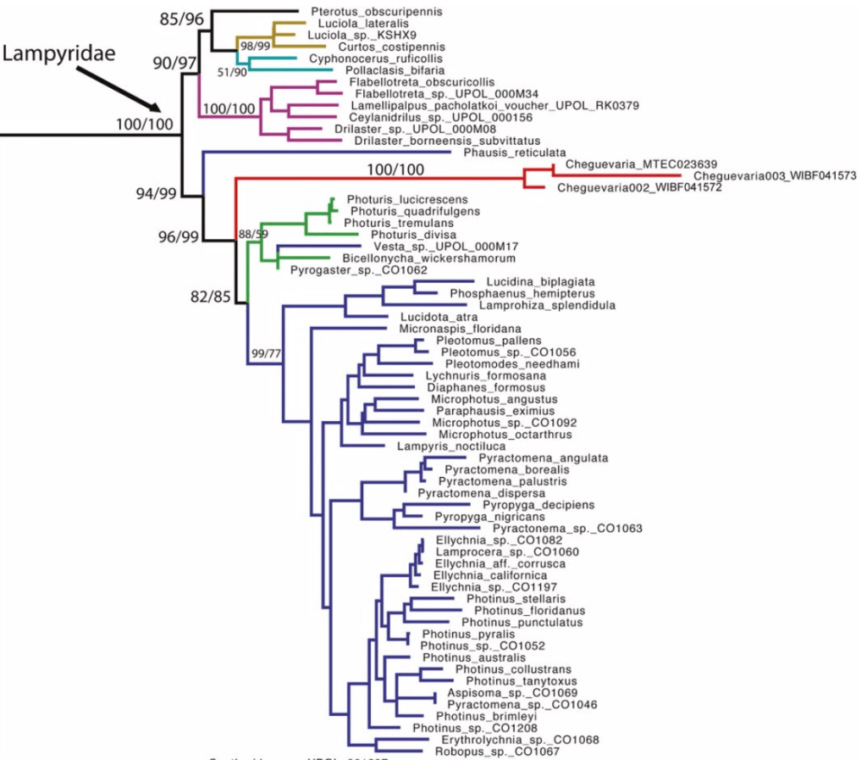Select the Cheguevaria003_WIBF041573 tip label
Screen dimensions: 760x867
click(776, 175)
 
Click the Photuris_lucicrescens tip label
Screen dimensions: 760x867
click(397, 199)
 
